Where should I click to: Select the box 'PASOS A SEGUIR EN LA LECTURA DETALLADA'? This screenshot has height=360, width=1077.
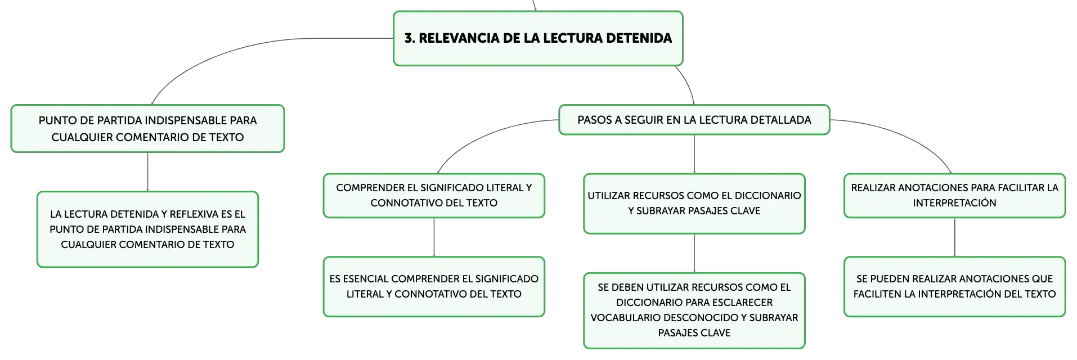(694, 120)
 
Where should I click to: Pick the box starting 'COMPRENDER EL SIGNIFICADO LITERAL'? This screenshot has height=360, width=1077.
(434, 196)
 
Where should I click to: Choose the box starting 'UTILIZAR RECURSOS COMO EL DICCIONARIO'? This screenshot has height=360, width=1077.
(694, 204)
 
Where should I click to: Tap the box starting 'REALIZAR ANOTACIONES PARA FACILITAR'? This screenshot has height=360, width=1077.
(955, 196)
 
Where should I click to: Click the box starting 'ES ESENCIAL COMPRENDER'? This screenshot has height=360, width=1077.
(434, 287)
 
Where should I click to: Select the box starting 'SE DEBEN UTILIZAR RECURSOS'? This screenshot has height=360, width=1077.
(694, 310)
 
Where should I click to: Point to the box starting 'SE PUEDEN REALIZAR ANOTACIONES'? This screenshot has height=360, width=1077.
(955, 287)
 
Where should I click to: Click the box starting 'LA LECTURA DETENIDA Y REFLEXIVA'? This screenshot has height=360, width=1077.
(147, 229)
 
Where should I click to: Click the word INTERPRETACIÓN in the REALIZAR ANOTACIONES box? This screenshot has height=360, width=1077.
(955, 203)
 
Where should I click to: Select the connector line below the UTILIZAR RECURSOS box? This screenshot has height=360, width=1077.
(694, 253)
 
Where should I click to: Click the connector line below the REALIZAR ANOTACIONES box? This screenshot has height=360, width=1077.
(955, 237)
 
